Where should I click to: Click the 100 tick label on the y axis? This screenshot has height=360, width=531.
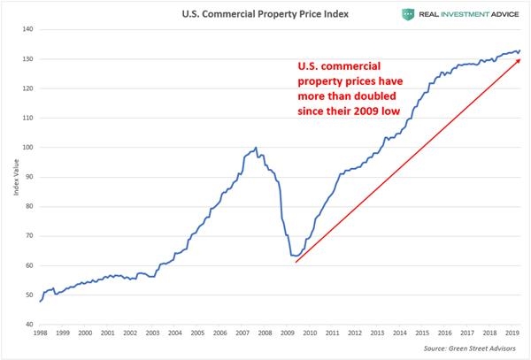tap(28, 148)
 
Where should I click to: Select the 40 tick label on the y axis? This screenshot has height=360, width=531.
tap(29, 325)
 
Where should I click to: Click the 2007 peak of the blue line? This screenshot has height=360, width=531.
tap(256, 148)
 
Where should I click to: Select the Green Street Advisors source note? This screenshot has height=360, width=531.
tap(476, 349)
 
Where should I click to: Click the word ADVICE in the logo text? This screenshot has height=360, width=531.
tap(496, 13)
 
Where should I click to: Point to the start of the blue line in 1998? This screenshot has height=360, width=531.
tap(41, 302)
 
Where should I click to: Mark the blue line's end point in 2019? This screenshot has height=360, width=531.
tap(519, 50)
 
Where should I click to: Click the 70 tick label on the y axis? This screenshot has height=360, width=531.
tap(29, 236)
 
